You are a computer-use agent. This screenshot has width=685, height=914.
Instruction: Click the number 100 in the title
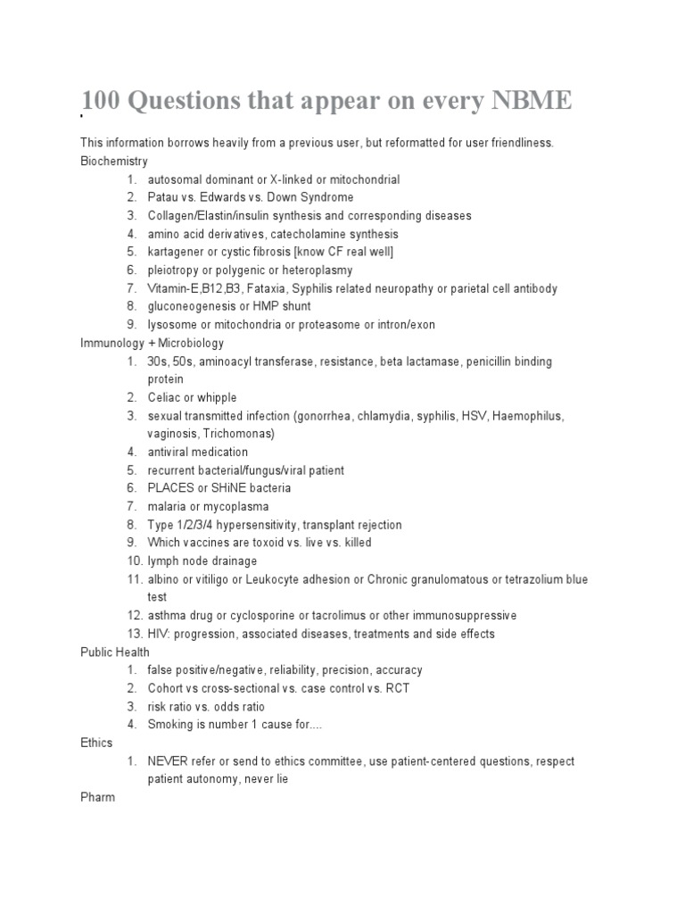(x=103, y=101)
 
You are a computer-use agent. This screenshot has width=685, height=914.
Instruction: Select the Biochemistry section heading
(x=113, y=161)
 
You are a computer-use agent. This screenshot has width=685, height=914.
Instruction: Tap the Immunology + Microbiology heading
(x=152, y=343)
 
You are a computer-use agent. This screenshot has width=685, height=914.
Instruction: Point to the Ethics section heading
(x=97, y=743)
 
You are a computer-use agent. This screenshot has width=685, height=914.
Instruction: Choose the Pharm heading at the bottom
(x=97, y=797)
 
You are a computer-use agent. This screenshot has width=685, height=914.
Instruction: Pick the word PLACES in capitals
(x=171, y=488)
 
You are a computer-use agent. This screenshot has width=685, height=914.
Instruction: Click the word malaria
(x=169, y=506)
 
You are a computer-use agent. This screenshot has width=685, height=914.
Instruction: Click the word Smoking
(x=171, y=725)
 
